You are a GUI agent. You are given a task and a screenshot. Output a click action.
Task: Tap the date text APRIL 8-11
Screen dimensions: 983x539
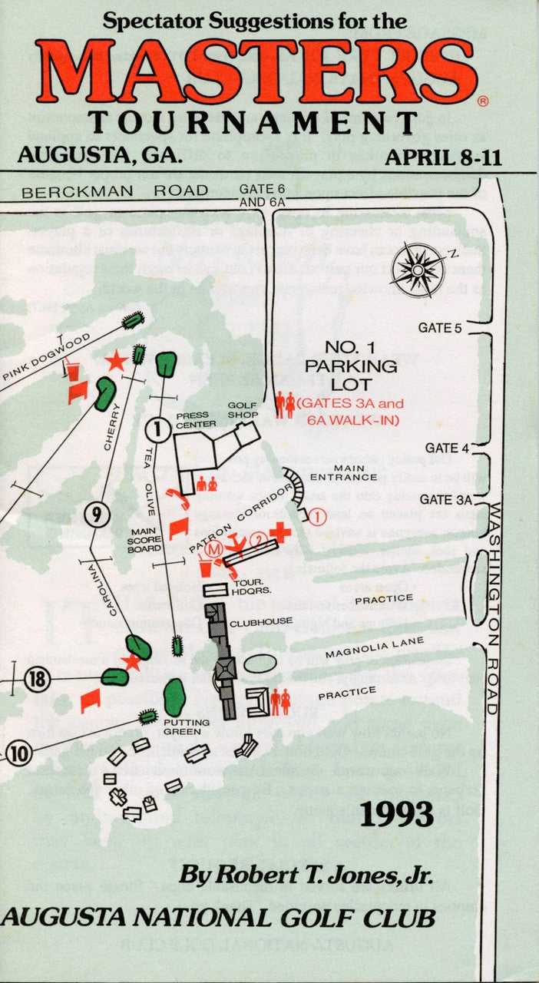pyautogui.click(x=443, y=157)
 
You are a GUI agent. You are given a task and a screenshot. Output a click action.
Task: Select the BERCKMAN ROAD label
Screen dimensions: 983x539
pyautogui.click(x=114, y=191)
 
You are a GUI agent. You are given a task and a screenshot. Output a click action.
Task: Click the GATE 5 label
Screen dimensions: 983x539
pyautogui.click(x=439, y=328)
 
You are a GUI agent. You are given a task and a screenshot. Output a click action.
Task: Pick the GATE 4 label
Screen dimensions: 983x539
pyautogui.click(x=442, y=448)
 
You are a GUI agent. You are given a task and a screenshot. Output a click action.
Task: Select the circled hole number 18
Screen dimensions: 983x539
pyautogui.click(x=36, y=679)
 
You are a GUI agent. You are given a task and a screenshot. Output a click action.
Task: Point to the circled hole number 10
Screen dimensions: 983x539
pyautogui.click(x=19, y=753)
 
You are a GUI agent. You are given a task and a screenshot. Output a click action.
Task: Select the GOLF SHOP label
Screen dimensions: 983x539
pyautogui.click(x=241, y=410)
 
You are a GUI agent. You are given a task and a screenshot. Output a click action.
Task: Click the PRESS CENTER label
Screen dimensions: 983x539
pyautogui.click(x=196, y=419)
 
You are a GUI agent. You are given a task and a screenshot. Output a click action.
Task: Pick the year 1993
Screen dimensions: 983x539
pyautogui.click(x=396, y=813)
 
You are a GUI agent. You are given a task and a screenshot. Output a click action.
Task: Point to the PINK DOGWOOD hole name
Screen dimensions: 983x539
pyautogui.click(x=46, y=356)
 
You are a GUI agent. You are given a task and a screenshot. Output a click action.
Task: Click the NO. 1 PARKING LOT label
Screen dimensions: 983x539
pyautogui.click(x=350, y=366)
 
